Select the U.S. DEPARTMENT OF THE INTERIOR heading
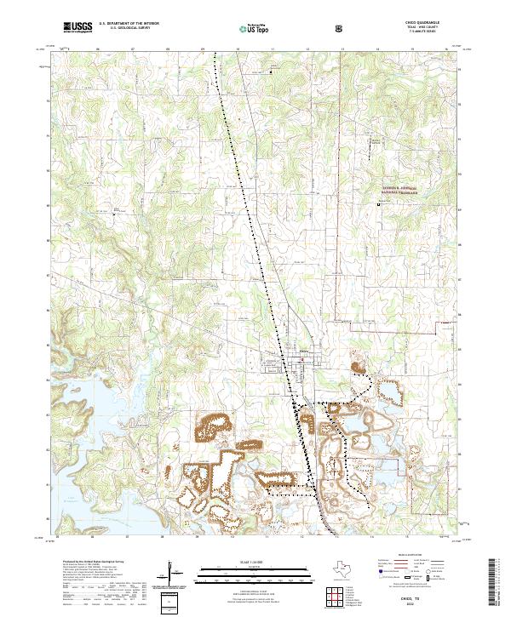[127, 25]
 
